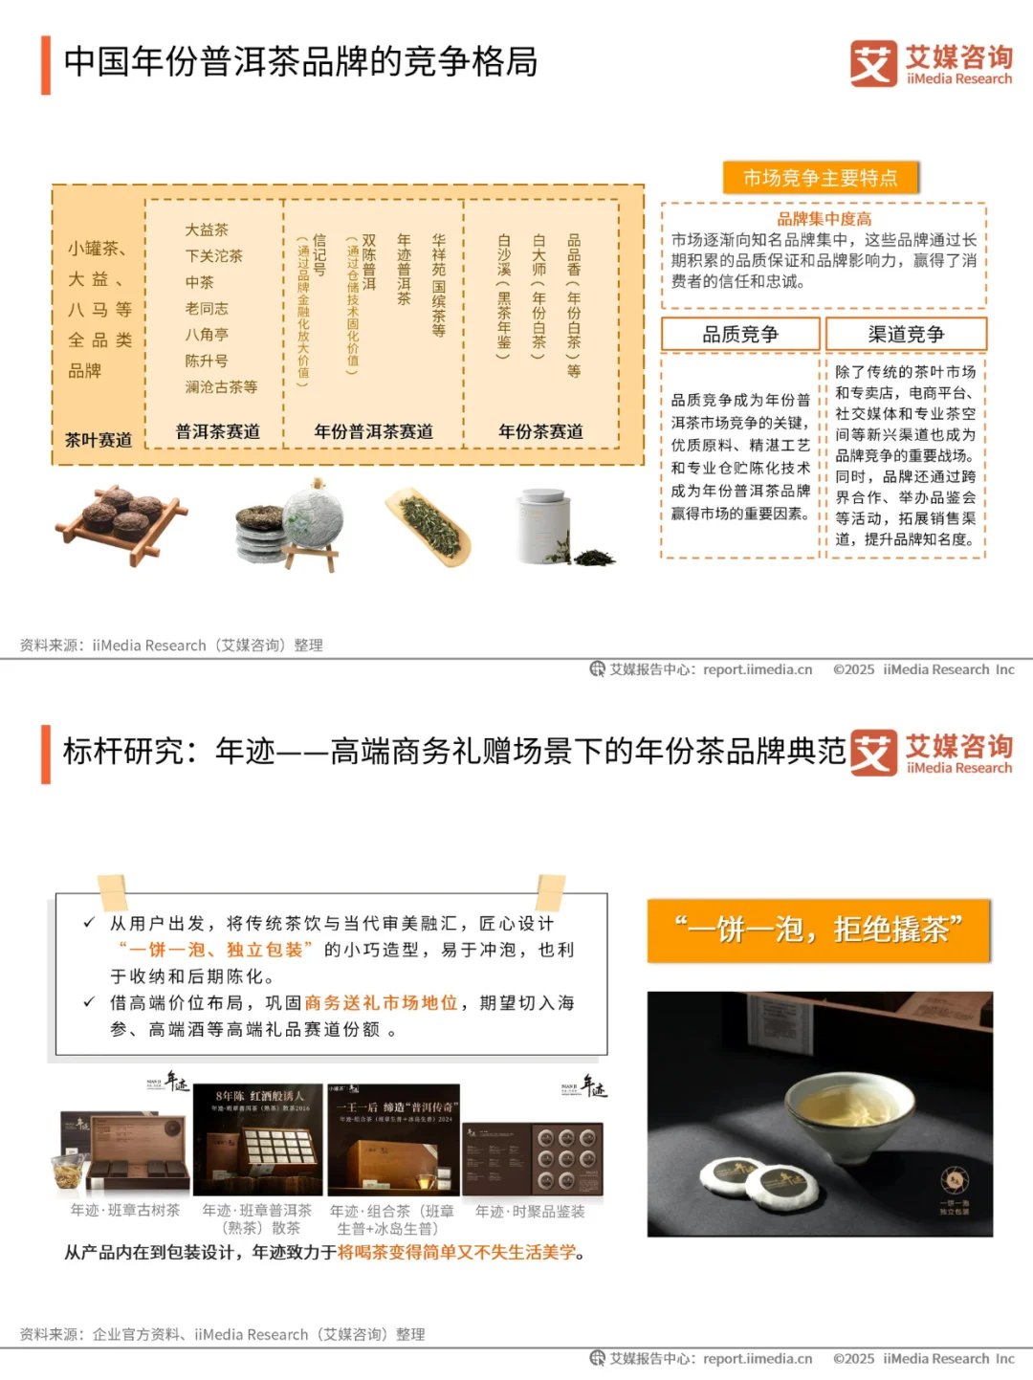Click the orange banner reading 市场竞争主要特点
click(x=820, y=178)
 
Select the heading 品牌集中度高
click(x=824, y=219)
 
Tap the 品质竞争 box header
click(x=740, y=335)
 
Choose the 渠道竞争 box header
click(x=905, y=335)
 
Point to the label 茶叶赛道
click(x=99, y=440)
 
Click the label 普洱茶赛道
click(x=217, y=432)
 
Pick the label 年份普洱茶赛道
click(x=373, y=432)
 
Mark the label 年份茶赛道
click(x=540, y=432)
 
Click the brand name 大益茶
click(x=207, y=230)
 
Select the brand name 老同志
click(x=207, y=308)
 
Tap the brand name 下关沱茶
click(x=213, y=256)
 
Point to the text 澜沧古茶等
click(x=221, y=387)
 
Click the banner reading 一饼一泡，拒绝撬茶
click(x=818, y=930)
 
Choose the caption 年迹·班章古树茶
click(x=124, y=1211)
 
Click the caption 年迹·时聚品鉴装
click(x=530, y=1212)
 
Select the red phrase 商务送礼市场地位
click(x=381, y=1003)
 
